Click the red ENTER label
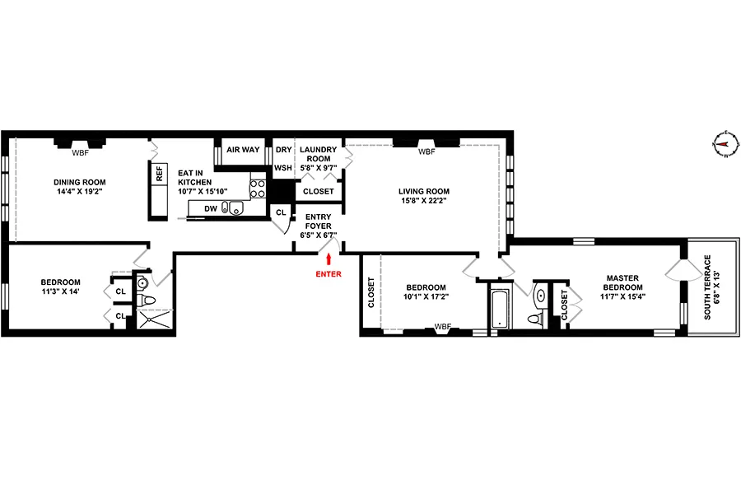point(328,273)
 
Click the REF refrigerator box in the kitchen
point(158,175)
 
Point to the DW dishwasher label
point(210,208)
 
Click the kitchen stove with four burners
point(258,189)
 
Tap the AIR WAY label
point(243,150)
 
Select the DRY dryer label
point(283,150)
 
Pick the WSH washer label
point(283,168)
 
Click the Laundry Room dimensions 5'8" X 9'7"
point(318,168)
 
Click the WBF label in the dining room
point(80,152)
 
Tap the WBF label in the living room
point(426,152)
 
